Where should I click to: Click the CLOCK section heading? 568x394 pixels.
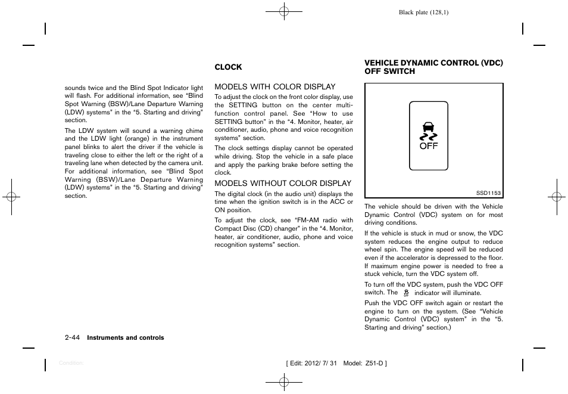coord(228,67)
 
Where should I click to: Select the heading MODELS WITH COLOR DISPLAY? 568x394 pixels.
coord(274,87)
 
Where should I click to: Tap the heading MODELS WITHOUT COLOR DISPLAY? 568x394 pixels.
coord(283,184)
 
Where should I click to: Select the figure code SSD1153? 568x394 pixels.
coord(488,193)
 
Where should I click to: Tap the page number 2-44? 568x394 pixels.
coord(73,338)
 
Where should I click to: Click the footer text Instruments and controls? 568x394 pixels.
coord(126,338)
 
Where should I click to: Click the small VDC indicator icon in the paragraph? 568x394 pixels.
coord(406,293)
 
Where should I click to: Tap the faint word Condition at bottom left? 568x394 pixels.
coord(71,362)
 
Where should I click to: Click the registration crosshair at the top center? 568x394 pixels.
coord(284,11)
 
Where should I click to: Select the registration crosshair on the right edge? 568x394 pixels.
coord(556,197)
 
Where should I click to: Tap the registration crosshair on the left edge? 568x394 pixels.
coord(11,197)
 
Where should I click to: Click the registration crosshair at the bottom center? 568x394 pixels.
coord(284,382)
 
